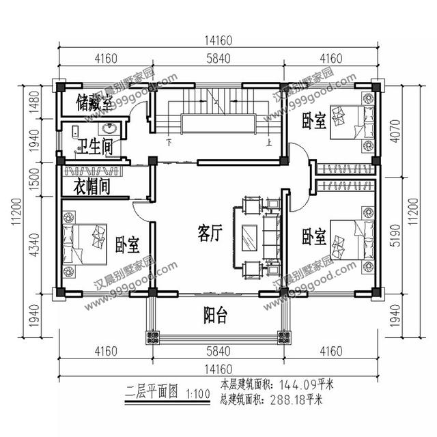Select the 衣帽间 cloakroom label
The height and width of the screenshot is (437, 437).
click(91, 186)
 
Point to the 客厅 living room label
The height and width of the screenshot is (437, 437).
click(210, 234)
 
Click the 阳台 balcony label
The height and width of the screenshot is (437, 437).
click(216, 315)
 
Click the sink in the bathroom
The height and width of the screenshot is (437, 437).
click(109, 128)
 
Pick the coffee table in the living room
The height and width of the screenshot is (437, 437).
click(248, 238)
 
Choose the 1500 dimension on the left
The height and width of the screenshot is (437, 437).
click(32, 180)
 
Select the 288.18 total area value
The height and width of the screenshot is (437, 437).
click(294, 399)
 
